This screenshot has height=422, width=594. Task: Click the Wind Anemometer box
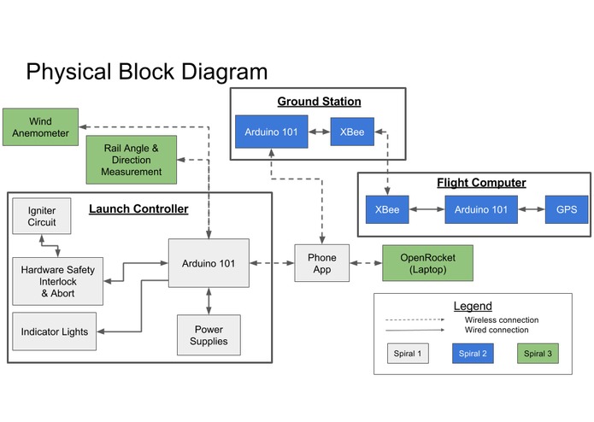39,127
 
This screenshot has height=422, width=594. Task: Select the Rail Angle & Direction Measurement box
131,160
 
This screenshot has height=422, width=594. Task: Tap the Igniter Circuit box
41,217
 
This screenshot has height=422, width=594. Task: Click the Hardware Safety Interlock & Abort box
57,280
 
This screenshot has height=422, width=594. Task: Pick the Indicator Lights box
55,331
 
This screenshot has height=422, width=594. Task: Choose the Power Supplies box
209,335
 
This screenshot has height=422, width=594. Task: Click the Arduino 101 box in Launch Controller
209,264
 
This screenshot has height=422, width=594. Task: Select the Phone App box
321,264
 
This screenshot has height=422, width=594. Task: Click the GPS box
566,209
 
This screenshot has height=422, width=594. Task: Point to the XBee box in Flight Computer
387,209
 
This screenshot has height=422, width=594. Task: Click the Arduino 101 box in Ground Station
270,132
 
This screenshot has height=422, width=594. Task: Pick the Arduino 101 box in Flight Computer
480,209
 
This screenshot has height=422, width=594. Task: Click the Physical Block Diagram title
146,71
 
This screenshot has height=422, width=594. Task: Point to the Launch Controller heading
138,208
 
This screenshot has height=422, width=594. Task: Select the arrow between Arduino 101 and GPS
530,209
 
